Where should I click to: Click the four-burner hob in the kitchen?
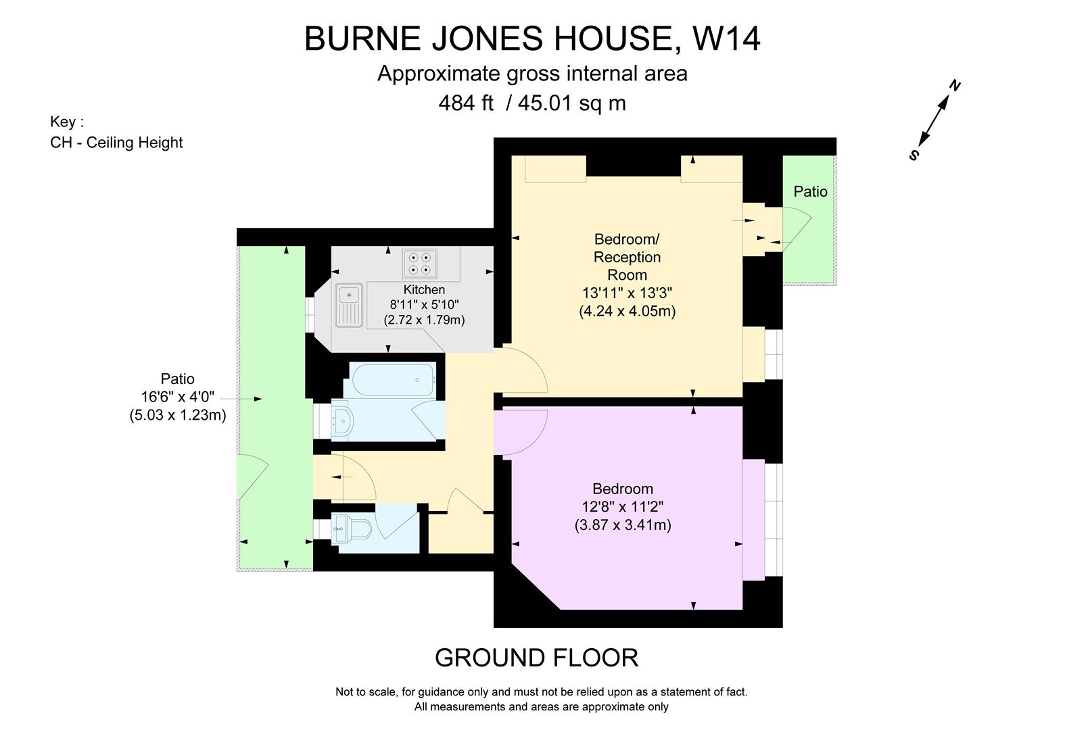[x=419, y=264]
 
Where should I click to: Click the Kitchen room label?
[x=424, y=289]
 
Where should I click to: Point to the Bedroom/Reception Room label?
[x=627, y=257]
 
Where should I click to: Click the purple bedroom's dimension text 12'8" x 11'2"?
[x=623, y=507]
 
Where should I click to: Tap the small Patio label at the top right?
[x=810, y=192]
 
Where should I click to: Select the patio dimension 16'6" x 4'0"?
[x=178, y=397]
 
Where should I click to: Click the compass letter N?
[x=955, y=86]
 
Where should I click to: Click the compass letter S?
[x=914, y=155]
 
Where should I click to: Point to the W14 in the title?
[x=727, y=39]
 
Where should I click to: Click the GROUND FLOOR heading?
[x=536, y=658]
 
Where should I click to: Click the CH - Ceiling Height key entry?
[x=116, y=143]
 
